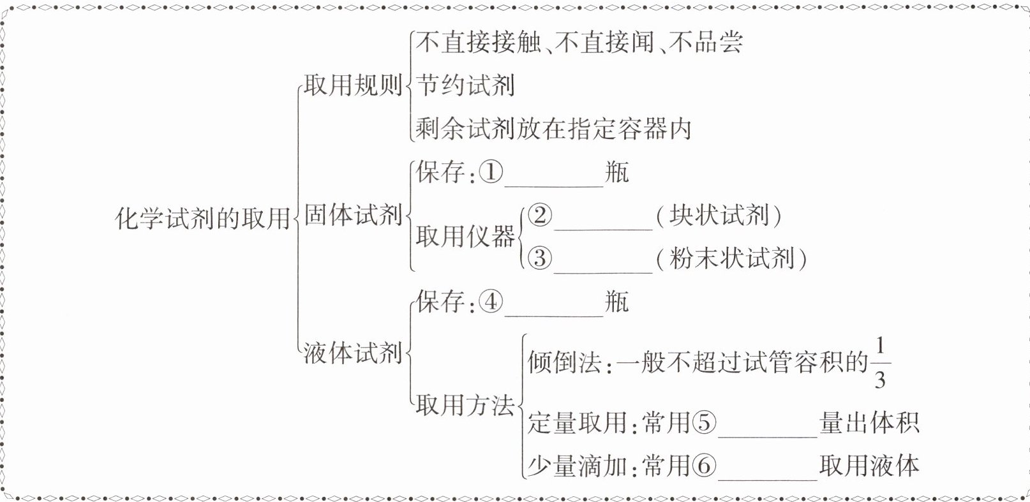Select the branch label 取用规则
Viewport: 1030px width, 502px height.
(x=352, y=85)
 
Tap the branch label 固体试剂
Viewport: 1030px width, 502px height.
(x=352, y=215)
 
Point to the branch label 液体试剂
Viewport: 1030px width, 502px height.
(x=352, y=353)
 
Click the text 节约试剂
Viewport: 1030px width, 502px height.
(x=465, y=85)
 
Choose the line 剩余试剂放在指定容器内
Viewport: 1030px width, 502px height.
(x=553, y=129)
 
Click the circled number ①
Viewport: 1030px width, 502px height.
(x=491, y=172)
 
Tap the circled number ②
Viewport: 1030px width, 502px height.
(x=540, y=216)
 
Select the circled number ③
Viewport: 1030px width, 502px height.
(x=540, y=258)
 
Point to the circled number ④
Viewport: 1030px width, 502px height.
(x=491, y=302)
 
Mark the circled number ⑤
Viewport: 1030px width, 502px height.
(x=705, y=423)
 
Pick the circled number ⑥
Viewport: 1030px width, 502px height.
(x=705, y=466)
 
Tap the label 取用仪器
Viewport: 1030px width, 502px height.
(x=465, y=237)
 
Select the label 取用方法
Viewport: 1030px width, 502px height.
(x=465, y=405)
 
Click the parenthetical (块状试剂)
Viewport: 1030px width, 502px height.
(x=719, y=216)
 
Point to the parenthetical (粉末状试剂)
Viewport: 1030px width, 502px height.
(x=732, y=259)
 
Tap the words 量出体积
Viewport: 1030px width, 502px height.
(x=869, y=423)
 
